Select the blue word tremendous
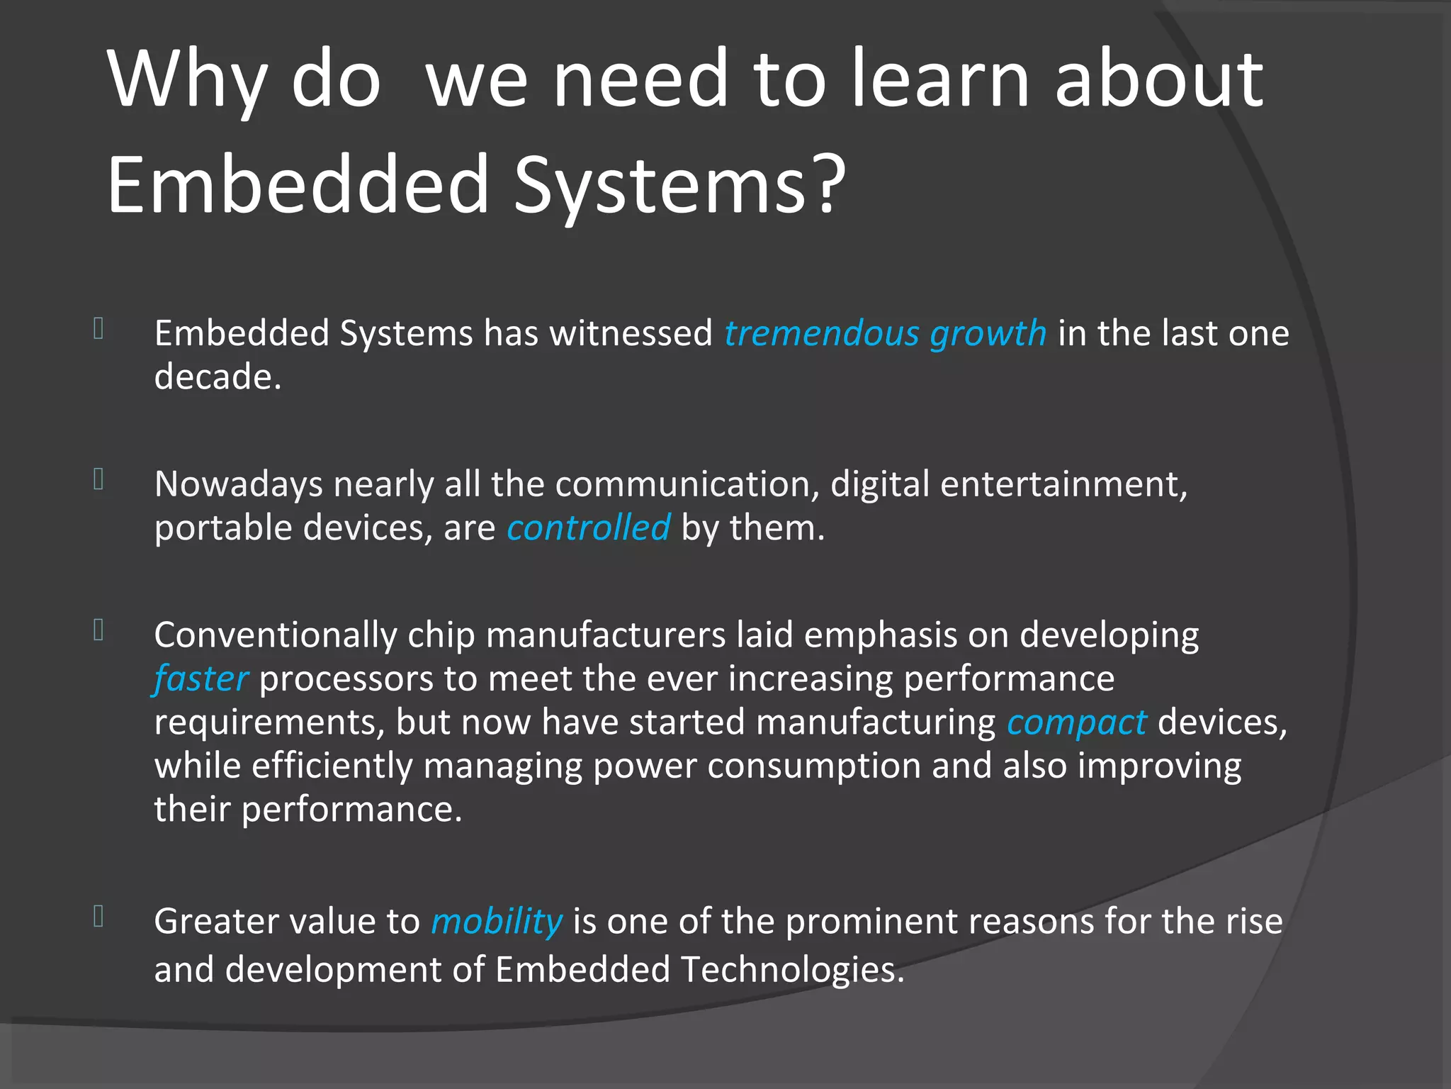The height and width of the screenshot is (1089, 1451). click(820, 333)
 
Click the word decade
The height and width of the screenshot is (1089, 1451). click(218, 376)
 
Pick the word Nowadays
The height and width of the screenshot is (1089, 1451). click(239, 485)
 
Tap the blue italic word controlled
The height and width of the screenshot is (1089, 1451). click(588, 528)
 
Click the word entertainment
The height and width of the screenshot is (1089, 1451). click(1063, 485)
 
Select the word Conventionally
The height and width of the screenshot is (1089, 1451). click(275, 635)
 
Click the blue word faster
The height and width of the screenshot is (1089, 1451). click(201, 679)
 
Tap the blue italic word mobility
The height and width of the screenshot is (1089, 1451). click(497, 922)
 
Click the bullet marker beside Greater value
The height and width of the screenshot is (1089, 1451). click(99, 917)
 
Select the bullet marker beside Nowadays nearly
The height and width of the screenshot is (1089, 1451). click(99, 480)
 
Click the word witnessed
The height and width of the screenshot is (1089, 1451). click(631, 333)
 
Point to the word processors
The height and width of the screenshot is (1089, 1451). click(346, 679)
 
